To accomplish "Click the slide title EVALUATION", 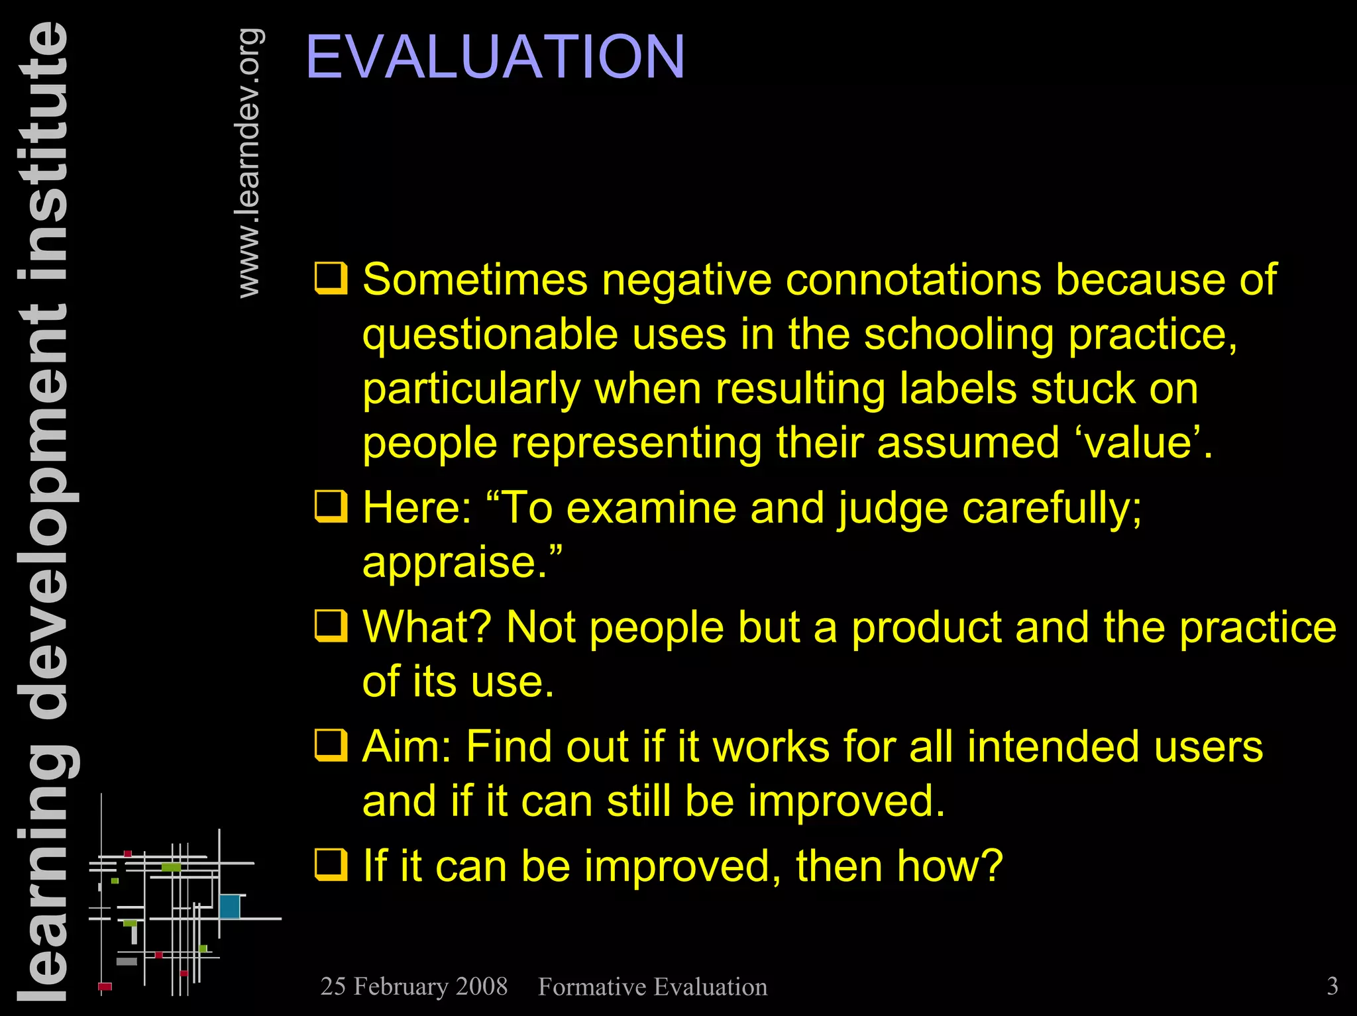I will (495, 58).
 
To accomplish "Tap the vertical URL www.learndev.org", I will (248, 163).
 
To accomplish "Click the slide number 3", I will (1332, 986).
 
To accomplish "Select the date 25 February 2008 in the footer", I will (413, 986).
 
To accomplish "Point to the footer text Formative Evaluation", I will (653, 987).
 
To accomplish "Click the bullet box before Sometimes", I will (330, 278).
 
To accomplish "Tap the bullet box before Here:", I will (330, 507).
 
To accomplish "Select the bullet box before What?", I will (330, 626).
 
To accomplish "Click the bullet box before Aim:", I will (330, 746).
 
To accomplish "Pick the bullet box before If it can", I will (330, 865).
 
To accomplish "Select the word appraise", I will (454, 563).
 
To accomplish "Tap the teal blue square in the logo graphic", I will (229, 906).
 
